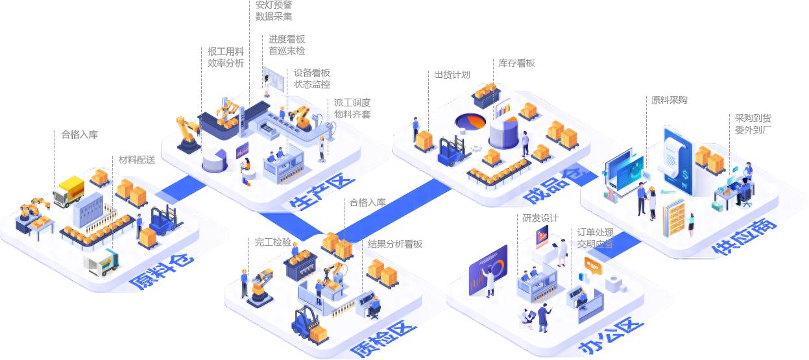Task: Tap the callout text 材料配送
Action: click(137, 160)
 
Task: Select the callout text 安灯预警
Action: click(274, 4)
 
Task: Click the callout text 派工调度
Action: click(352, 102)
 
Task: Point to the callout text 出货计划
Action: click(452, 75)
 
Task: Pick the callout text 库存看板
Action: click(517, 63)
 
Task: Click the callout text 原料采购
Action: click(670, 100)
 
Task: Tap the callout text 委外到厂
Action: click(753, 130)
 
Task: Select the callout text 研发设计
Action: click(540, 218)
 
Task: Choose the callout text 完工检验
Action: click(273, 242)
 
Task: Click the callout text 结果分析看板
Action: click(395, 244)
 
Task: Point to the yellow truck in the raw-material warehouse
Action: click(69, 192)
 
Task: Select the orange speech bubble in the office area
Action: click(594, 264)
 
